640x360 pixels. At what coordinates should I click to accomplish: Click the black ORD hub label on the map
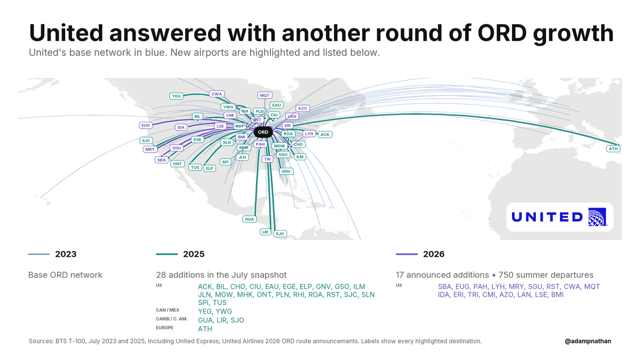point(263,132)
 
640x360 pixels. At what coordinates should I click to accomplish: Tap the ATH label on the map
point(613,149)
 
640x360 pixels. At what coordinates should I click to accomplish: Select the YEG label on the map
point(177,96)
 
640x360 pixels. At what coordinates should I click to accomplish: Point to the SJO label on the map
point(279,234)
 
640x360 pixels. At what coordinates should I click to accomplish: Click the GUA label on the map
point(250,219)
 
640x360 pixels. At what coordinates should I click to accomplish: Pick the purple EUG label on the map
point(146,125)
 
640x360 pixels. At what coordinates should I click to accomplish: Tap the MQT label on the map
point(265,95)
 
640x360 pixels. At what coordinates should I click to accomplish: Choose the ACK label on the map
point(325,134)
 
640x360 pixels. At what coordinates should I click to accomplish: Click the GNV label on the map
point(286,171)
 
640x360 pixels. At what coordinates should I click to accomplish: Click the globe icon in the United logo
point(597,217)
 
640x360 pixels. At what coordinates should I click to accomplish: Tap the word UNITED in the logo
point(547,217)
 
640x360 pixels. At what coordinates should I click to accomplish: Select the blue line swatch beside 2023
point(39,254)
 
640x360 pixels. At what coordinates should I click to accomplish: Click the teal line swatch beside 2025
point(167,254)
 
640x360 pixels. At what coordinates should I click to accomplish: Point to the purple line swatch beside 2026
point(406,254)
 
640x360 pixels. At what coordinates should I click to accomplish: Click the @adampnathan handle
point(588,341)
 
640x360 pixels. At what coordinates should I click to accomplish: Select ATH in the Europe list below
point(205,329)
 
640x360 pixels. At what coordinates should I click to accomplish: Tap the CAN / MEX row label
point(167,310)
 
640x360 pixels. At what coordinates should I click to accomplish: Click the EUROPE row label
point(165,327)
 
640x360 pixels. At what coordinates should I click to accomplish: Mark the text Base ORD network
point(65,275)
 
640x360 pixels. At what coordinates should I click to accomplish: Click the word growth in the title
point(573,33)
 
